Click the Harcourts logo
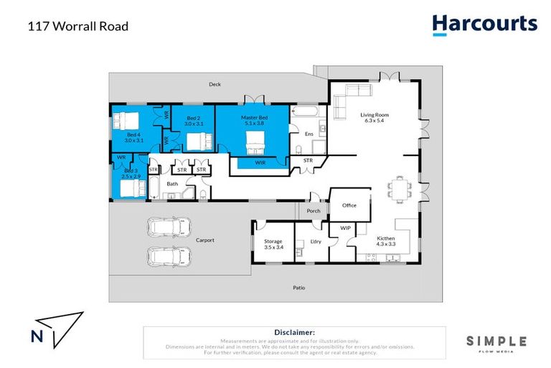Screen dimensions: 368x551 click(x=484, y=24)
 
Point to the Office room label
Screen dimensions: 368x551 click(x=349, y=206)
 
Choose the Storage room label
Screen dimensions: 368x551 click(x=273, y=244)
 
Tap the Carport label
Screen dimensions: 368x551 click(x=204, y=241)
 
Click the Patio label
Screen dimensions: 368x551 click(x=299, y=287)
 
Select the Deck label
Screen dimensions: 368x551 click(x=215, y=85)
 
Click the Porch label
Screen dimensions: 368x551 click(x=314, y=211)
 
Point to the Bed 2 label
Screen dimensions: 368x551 click(x=194, y=121)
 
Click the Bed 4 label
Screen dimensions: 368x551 click(x=133, y=137)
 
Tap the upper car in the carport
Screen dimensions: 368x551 click(x=166, y=226)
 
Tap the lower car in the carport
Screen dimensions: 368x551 click(x=166, y=256)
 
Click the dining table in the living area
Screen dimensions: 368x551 click(x=399, y=188)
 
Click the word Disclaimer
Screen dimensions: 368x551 click(x=294, y=333)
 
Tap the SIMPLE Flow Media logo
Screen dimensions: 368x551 click(x=496, y=344)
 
